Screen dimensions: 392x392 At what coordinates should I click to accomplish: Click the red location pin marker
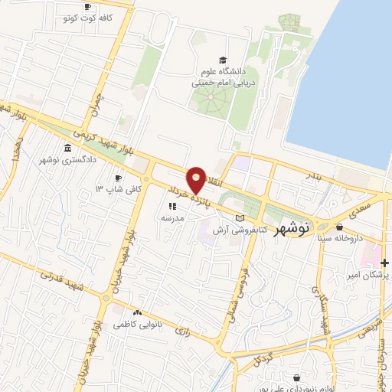click(197, 180)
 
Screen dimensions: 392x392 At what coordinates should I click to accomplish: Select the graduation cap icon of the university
click(223, 60)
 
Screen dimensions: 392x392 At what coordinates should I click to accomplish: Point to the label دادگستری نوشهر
click(67, 160)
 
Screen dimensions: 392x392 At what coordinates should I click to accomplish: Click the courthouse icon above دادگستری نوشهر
click(68, 148)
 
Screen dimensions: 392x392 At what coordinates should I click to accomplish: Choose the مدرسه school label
click(171, 217)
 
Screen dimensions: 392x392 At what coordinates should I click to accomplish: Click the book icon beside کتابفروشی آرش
click(240, 219)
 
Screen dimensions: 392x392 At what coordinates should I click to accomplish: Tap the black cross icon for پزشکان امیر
click(385, 263)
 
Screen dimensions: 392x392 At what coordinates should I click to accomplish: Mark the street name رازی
click(182, 332)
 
